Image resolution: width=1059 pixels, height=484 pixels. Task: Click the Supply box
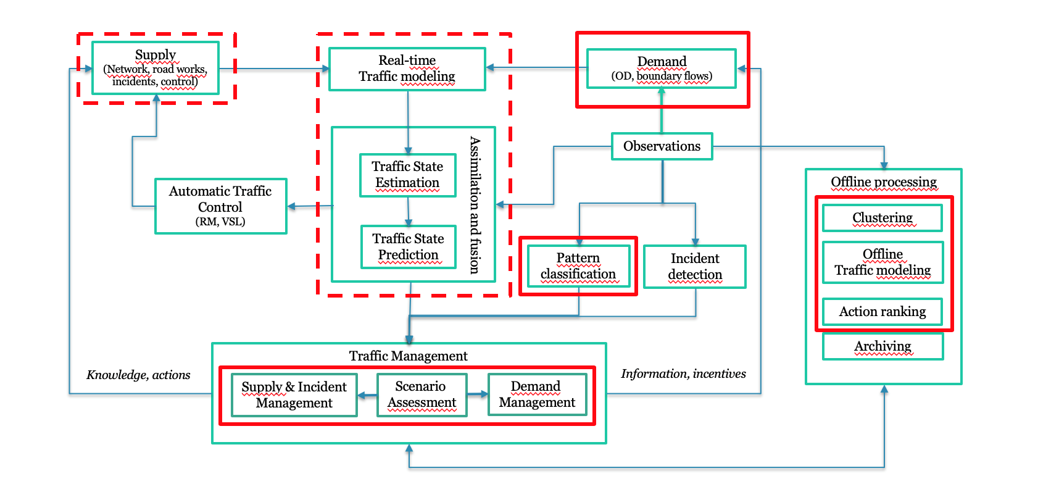[156, 68]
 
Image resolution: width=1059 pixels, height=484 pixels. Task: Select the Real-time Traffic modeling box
[407, 69]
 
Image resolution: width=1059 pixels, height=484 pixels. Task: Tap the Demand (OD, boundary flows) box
[662, 69]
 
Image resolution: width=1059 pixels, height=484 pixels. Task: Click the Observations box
[662, 146]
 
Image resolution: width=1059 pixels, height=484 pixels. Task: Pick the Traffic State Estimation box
[407, 175]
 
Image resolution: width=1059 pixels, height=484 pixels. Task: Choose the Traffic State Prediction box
[408, 247]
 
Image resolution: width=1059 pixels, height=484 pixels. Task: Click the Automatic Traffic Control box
[220, 206]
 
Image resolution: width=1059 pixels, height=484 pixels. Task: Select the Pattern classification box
[578, 266]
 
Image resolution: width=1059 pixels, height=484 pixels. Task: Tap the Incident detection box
[695, 267]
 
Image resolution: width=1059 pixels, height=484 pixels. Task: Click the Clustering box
[882, 218]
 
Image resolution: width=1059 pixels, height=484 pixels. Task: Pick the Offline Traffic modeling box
[882, 262]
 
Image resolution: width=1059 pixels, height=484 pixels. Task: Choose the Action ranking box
[882, 312]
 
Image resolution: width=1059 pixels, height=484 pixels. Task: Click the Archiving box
[882, 346]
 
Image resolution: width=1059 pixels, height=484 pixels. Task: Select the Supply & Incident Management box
[294, 395]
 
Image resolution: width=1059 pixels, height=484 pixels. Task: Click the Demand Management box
[537, 394]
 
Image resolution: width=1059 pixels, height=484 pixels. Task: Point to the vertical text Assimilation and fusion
[475, 204]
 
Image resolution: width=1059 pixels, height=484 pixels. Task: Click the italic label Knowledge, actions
[138, 375]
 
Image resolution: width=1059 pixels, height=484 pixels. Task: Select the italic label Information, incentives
[683, 373]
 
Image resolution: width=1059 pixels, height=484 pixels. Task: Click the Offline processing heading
[884, 182]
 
